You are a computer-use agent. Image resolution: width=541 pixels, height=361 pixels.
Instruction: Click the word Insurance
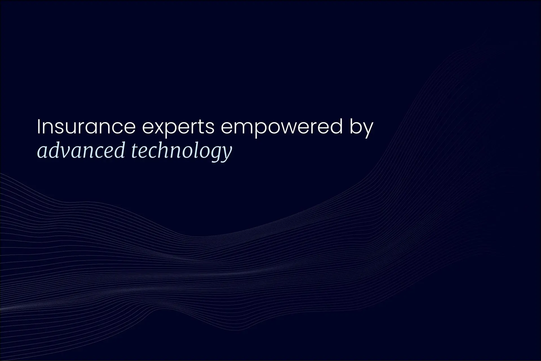(x=86, y=127)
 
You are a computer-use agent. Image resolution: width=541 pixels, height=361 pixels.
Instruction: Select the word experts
(x=178, y=128)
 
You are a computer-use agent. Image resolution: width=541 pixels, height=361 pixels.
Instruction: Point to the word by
(x=362, y=128)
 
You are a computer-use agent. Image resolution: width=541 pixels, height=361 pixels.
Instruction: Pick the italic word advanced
(x=81, y=150)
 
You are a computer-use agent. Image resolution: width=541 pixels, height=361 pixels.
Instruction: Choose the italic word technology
(x=182, y=151)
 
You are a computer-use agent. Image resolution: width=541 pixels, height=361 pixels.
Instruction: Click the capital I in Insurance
(x=39, y=127)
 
